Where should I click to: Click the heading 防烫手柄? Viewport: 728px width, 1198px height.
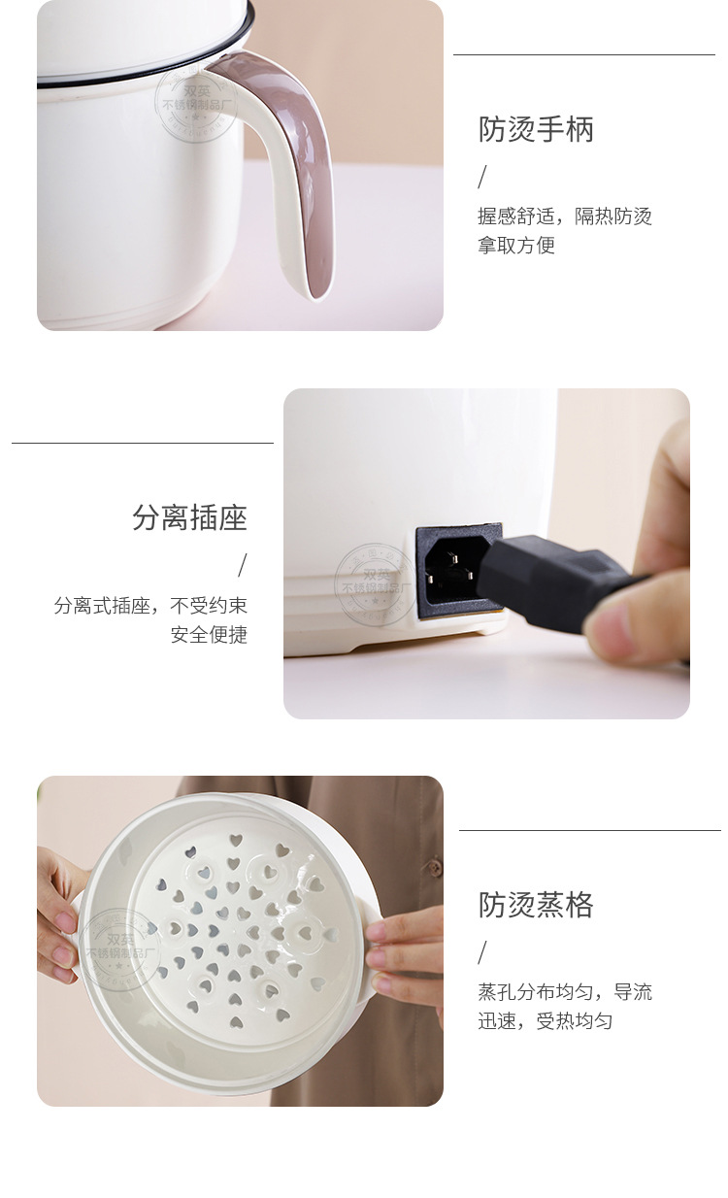(536, 129)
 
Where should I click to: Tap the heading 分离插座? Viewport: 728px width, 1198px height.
(190, 517)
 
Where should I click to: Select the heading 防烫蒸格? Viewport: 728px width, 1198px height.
(536, 905)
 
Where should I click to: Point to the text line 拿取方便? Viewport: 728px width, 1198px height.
(516, 246)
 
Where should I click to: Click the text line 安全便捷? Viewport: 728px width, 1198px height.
(209, 635)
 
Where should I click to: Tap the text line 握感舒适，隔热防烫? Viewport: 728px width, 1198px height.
(565, 216)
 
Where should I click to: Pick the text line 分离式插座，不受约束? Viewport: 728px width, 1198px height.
(150, 606)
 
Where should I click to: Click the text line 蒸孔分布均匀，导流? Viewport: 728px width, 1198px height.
(565, 992)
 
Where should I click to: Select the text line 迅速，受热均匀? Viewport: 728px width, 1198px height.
(546, 1021)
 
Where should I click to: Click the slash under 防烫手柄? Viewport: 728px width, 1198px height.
(482, 178)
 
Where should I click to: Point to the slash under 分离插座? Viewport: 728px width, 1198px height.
(243, 565)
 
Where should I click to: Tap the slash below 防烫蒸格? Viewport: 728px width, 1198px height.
(482, 952)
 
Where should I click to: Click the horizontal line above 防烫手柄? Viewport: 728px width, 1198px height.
(583, 55)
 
